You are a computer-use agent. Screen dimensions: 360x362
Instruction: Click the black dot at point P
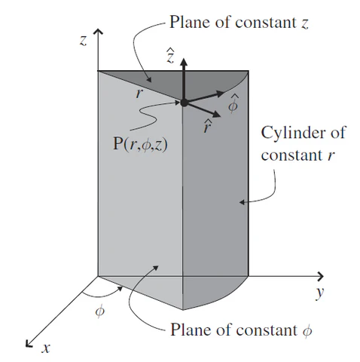click(184, 103)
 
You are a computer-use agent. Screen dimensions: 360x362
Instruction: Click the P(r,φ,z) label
click(140, 145)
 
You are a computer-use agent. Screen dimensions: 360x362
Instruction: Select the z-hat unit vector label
click(171, 56)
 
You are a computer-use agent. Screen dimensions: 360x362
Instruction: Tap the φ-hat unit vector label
click(233, 103)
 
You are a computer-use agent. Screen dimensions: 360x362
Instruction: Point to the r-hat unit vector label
click(207, 126)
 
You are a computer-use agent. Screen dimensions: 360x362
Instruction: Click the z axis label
click(84, 41)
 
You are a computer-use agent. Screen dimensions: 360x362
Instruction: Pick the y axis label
click(320, 293)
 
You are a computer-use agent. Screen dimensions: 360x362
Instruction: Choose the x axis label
click(46, 348)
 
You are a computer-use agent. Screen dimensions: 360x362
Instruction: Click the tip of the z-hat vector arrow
click(184, 59)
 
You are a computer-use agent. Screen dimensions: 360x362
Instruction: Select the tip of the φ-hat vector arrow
click(224, 93)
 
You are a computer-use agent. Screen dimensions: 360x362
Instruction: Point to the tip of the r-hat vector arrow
click(221, 116)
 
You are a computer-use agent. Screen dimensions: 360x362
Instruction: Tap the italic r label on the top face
click(139, 94)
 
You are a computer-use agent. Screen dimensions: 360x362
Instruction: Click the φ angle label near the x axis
click(99, 311)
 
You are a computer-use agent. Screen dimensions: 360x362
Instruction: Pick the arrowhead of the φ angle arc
click(121, 289)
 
